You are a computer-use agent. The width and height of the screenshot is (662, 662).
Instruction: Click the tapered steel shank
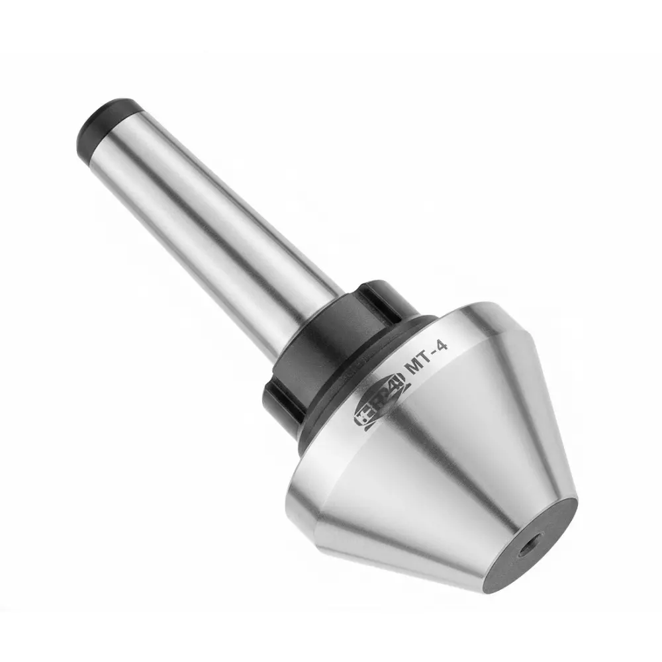point(212,218)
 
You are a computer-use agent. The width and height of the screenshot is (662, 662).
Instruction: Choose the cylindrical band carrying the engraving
point(463,344)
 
